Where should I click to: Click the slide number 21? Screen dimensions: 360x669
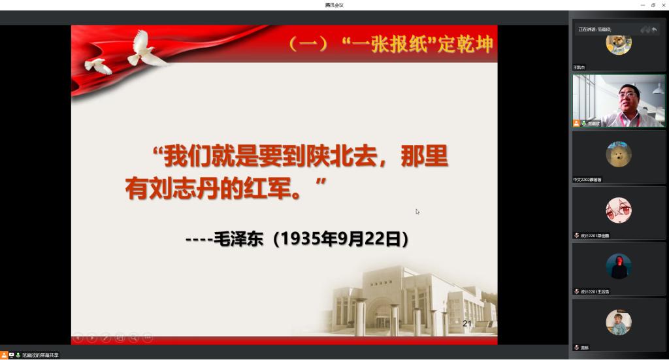(x=466, y=323)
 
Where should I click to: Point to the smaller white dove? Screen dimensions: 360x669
(x=98, y=65)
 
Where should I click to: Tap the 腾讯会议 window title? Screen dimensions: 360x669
(x=334, y=5)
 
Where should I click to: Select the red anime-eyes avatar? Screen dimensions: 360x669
(x=618, y=210)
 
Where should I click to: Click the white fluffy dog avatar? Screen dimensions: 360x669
(x=618, y=155)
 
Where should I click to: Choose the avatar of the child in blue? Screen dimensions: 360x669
(x=618, y=323)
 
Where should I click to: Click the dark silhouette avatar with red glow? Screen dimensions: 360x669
(x=618, y=266)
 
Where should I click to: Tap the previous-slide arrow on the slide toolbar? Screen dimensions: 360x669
(x=78, y=337)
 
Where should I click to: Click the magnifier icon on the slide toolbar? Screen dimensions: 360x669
(x=133, y=337)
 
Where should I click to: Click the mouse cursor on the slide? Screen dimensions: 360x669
(x=417, y=211)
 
